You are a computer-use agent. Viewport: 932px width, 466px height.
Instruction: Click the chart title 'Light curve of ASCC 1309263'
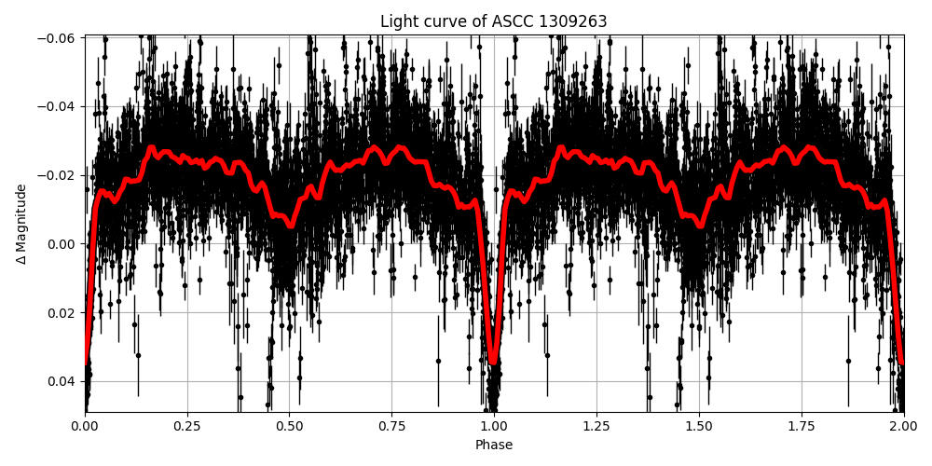point(493,21)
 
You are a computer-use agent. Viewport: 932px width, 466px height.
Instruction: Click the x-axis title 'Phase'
point(493,445)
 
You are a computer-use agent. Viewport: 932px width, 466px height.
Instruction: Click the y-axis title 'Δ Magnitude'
point(21,224)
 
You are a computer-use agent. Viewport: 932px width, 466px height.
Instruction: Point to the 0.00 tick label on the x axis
point(85,427)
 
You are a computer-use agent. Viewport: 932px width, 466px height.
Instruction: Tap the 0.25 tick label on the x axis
point(187,427)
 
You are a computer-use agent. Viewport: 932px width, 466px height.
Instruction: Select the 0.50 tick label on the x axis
point(289,427)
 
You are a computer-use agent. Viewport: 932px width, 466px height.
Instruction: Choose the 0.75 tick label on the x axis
point(391,427)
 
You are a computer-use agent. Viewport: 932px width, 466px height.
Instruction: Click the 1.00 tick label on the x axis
point(494,427)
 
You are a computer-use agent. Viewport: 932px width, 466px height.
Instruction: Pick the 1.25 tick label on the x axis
point(596,427)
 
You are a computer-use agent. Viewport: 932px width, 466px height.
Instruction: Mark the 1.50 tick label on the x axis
point(699,427)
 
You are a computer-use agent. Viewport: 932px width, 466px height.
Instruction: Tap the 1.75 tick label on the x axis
point(802,427)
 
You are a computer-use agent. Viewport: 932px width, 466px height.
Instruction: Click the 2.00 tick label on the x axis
point(903,427)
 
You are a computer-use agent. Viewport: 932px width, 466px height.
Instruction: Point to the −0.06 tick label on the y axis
point(60,38)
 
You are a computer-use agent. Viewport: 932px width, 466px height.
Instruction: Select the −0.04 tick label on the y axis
point(60,106)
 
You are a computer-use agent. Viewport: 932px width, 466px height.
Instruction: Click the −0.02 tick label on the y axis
point(60,175)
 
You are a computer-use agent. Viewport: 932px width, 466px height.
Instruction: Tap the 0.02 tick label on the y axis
point(63,312)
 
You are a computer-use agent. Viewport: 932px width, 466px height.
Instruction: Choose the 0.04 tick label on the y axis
point(63,381)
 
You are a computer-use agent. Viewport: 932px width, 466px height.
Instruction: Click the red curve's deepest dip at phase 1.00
point(493,361)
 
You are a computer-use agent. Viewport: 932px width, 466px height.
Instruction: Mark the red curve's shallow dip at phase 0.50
point(290,224)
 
